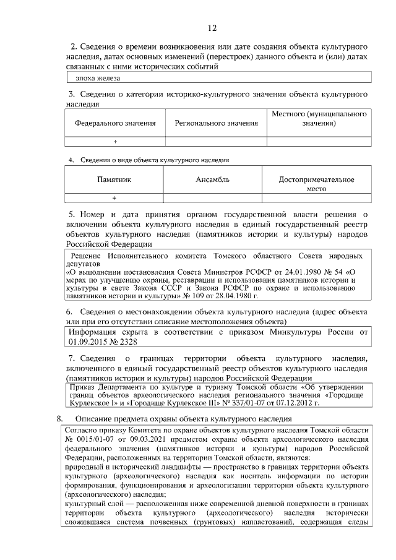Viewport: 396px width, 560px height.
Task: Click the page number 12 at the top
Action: [212, 28]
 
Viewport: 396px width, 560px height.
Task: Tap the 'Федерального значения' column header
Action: [115, 123]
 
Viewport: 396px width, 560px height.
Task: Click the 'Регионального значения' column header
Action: [216, 123]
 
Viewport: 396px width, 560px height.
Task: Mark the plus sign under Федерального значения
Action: [115, 142]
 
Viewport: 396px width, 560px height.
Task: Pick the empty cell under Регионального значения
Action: [216, 142]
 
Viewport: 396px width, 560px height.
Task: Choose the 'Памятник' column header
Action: [114, 179]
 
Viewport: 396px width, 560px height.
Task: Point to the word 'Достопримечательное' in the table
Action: [316, 179]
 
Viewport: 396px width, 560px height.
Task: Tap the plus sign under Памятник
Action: [114, 198]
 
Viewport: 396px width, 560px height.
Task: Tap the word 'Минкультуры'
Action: [294, 332]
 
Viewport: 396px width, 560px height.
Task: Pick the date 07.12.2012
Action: [298, 403]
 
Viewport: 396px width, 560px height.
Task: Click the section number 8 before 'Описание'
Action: [59, 419]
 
